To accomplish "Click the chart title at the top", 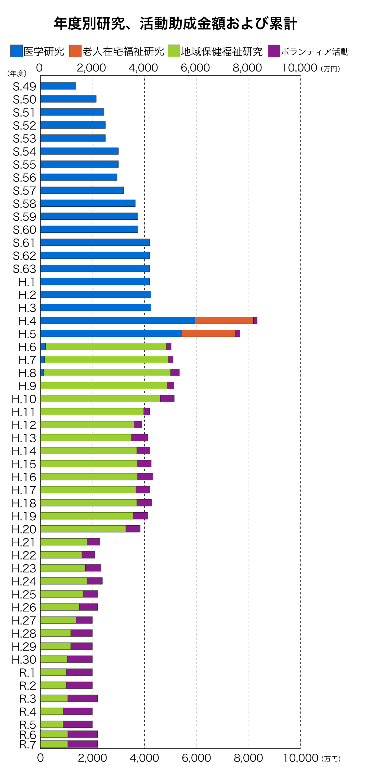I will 175,24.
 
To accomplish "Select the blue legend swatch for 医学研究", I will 17,51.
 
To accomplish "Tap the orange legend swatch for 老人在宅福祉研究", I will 75,51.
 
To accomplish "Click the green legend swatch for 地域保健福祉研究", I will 174,51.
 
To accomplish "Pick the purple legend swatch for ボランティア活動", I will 274,51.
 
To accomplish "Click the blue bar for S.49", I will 58,86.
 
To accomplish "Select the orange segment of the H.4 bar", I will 224,320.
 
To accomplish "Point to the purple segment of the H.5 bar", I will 238,333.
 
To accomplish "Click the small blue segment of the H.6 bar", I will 43,346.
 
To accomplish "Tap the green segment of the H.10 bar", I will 100,398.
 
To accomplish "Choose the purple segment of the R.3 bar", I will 82,698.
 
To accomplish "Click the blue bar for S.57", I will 82,190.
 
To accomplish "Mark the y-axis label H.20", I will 24,529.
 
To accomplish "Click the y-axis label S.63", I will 24,269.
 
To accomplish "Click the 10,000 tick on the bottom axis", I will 300,758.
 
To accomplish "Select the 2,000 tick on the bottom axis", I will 92,758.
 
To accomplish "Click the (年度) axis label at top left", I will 17,73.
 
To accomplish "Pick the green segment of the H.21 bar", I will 63,542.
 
